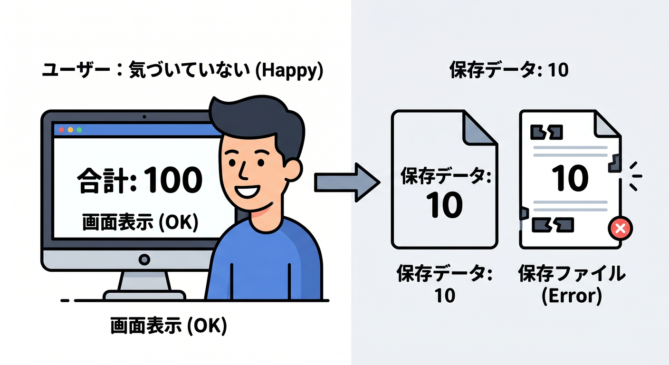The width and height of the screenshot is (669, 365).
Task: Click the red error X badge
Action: [x=621, y=229]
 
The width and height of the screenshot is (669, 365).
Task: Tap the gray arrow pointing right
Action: [x=346, y=182]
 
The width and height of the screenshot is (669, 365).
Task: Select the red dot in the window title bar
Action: [x=61, y=130]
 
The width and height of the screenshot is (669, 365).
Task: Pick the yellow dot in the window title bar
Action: [x=70, y=130]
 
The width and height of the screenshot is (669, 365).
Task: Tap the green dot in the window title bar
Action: [x=79, y=130]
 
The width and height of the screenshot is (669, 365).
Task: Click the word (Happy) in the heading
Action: [x=289, y=71]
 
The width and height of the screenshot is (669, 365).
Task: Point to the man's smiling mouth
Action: [x=247, y=192]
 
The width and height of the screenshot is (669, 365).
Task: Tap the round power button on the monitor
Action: [x=144, y=259]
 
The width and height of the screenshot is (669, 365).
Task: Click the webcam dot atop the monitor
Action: [x=144, y=117]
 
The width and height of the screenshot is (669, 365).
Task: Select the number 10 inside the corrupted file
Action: [x=570, y=178]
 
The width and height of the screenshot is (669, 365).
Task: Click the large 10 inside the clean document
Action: [x=444, y=205]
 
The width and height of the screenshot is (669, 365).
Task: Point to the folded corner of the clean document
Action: [x=479, y=128]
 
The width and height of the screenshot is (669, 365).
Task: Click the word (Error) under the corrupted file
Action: [x=571, y=296]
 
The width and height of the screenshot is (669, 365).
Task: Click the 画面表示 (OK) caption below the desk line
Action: [x=169, y=326]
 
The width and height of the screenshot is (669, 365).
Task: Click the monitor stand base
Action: [x=144, y=295]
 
